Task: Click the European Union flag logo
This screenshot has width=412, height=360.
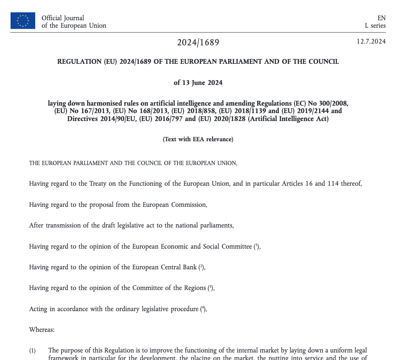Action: (23, 21)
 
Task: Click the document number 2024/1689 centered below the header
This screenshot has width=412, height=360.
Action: (198, 43)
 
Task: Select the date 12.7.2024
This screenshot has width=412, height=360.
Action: (371, 42)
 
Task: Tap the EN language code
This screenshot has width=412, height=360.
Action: (381, 18)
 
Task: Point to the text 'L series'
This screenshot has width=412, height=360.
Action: (375, 26)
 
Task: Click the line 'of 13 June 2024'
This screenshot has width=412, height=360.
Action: (198, 83)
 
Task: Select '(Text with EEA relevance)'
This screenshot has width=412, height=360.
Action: (198, 139)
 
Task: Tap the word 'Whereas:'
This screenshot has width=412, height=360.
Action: (42, 330)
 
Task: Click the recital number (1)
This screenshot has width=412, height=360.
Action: (33, 351)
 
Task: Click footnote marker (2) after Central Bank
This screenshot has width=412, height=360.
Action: (201, 267)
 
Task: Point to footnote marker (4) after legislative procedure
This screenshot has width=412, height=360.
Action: (203, 309)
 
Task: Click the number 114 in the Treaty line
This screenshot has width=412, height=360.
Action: (333, 184)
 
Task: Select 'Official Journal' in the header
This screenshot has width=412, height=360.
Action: (63, 18)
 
